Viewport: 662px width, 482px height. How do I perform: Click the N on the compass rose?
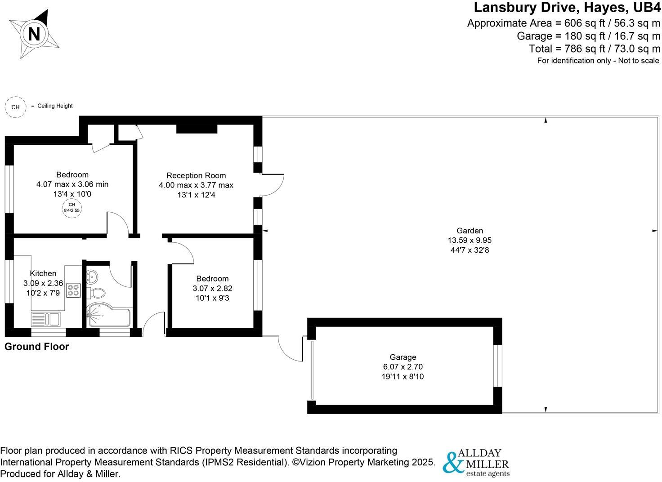tap(34, 34)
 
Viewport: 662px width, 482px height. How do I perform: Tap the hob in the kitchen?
tap(73, 290)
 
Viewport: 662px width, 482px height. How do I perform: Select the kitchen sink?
tap(46, 319)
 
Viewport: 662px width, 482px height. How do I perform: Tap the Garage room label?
tap(403, 357)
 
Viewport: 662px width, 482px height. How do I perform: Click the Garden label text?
tap(470, 231)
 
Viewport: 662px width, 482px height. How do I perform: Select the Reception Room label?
tap(196, 175)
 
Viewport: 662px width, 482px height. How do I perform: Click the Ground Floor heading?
tap(36, 347)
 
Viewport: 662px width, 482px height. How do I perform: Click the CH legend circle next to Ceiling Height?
tap(15, 107)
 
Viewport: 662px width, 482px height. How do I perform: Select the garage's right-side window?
tap(497, 366)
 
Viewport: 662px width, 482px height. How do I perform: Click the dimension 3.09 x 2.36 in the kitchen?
tap(43, 283)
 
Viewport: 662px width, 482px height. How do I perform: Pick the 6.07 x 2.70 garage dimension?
tap(403, 367)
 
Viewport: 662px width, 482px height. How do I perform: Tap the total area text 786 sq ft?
tap(595, 49)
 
